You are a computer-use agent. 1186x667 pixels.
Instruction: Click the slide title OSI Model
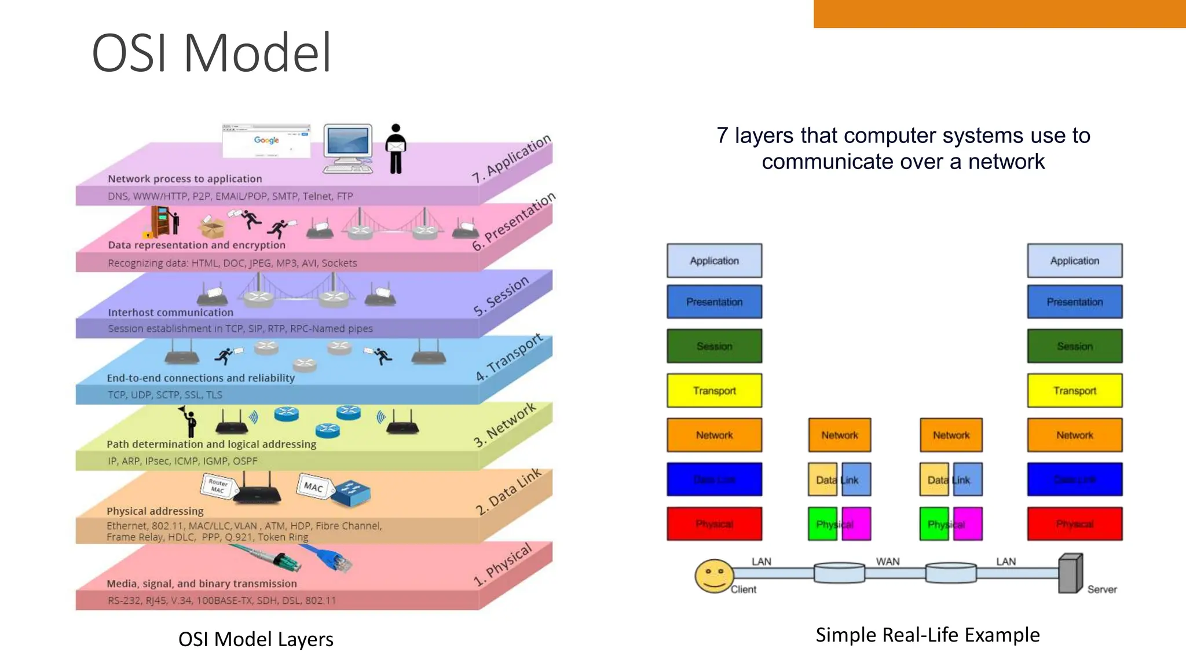pos(212,53)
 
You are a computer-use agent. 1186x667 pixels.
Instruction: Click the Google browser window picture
pos(266,141)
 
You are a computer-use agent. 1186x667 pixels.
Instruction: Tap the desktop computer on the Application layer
pos(348,148)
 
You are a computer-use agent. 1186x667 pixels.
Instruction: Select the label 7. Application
pos(511,159)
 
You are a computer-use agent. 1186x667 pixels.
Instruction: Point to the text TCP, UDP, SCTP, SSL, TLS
pos(165,395)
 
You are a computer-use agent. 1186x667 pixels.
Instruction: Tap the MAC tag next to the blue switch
pos(313,487)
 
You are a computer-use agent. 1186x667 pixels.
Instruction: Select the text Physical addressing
pos(155,511)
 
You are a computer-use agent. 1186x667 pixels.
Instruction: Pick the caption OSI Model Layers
pos(255,639)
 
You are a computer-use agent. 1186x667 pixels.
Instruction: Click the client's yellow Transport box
pos(714,391)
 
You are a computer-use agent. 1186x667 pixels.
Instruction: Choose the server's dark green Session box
pos(1075,346)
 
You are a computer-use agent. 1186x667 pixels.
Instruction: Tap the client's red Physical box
pos(714,524)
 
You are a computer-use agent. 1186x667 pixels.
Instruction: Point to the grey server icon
pos(1070,573)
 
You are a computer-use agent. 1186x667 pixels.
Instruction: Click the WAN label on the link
pos(887,562)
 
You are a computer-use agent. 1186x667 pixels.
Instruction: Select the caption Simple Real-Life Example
pos(927,635)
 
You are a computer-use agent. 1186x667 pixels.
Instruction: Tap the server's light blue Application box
pos(1075,261)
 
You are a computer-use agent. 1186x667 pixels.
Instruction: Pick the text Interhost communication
pos(170,313)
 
